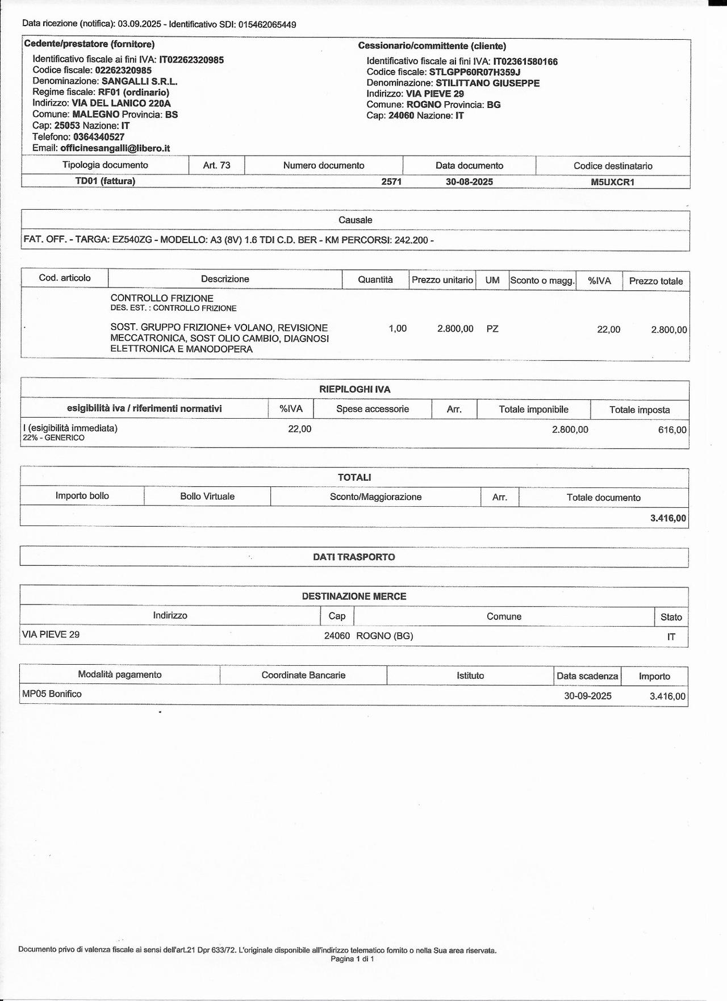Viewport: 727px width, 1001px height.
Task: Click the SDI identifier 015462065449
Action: [x=267, y=24]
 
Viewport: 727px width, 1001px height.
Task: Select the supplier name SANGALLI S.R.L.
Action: [x=139, y=81]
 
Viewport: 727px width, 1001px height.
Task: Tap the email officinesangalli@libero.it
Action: [x=115, y=148]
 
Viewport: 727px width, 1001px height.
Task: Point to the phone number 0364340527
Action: [x=99, y=137]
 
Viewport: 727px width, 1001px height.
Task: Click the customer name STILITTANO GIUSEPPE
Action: [x=487, y=83]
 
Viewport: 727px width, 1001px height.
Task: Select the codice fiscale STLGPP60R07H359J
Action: [x=475, y=72]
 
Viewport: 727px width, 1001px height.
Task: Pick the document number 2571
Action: [x=391, y=182]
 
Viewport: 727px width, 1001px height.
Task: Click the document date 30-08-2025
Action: [x=469, y=182]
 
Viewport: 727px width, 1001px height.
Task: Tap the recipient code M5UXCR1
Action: [x=612, y=182]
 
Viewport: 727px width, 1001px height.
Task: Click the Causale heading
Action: [x=356, y=220]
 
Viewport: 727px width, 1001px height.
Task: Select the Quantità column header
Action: [x=375, y=280]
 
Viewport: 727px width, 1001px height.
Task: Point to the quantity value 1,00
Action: [x=398, y=328]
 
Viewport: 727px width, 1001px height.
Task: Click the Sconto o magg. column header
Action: [x=542, y=280]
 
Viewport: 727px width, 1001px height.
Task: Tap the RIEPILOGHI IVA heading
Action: [x=355, y=390]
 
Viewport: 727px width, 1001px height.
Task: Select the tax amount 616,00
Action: [x=672, y=430]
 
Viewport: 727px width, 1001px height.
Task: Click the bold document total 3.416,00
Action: [x=668, y=518]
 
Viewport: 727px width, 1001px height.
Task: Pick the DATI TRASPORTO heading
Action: [x=354, y=557]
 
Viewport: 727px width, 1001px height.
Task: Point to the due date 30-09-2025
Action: [x=588, y=696]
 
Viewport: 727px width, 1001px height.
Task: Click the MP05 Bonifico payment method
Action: [x=52, y=694]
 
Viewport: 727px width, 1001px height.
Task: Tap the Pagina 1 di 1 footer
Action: [x=352, y=958]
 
